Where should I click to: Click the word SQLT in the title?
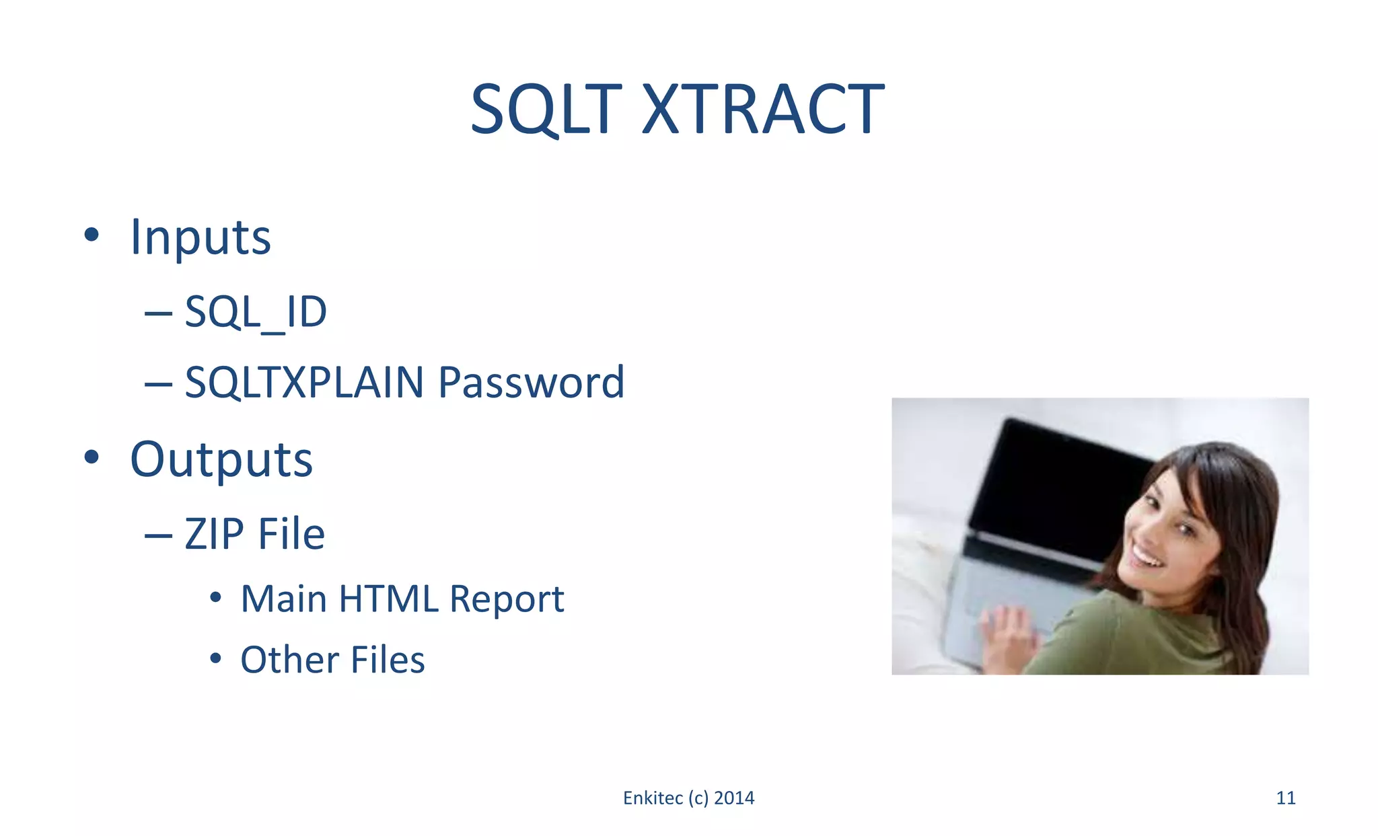(546, 110)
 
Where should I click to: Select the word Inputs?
(201, 237)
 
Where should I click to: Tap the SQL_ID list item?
(256, 312)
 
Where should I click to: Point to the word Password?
(531, 383)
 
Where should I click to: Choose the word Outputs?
(221, 460)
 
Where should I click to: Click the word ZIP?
(215, 534)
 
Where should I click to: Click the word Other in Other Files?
(289, 660)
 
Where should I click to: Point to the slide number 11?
(1286, 798)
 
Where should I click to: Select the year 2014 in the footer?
(734, 798)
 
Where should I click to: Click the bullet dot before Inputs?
(92, 235)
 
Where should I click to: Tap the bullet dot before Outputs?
(92, 457)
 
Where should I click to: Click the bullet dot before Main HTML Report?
(215, 597)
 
